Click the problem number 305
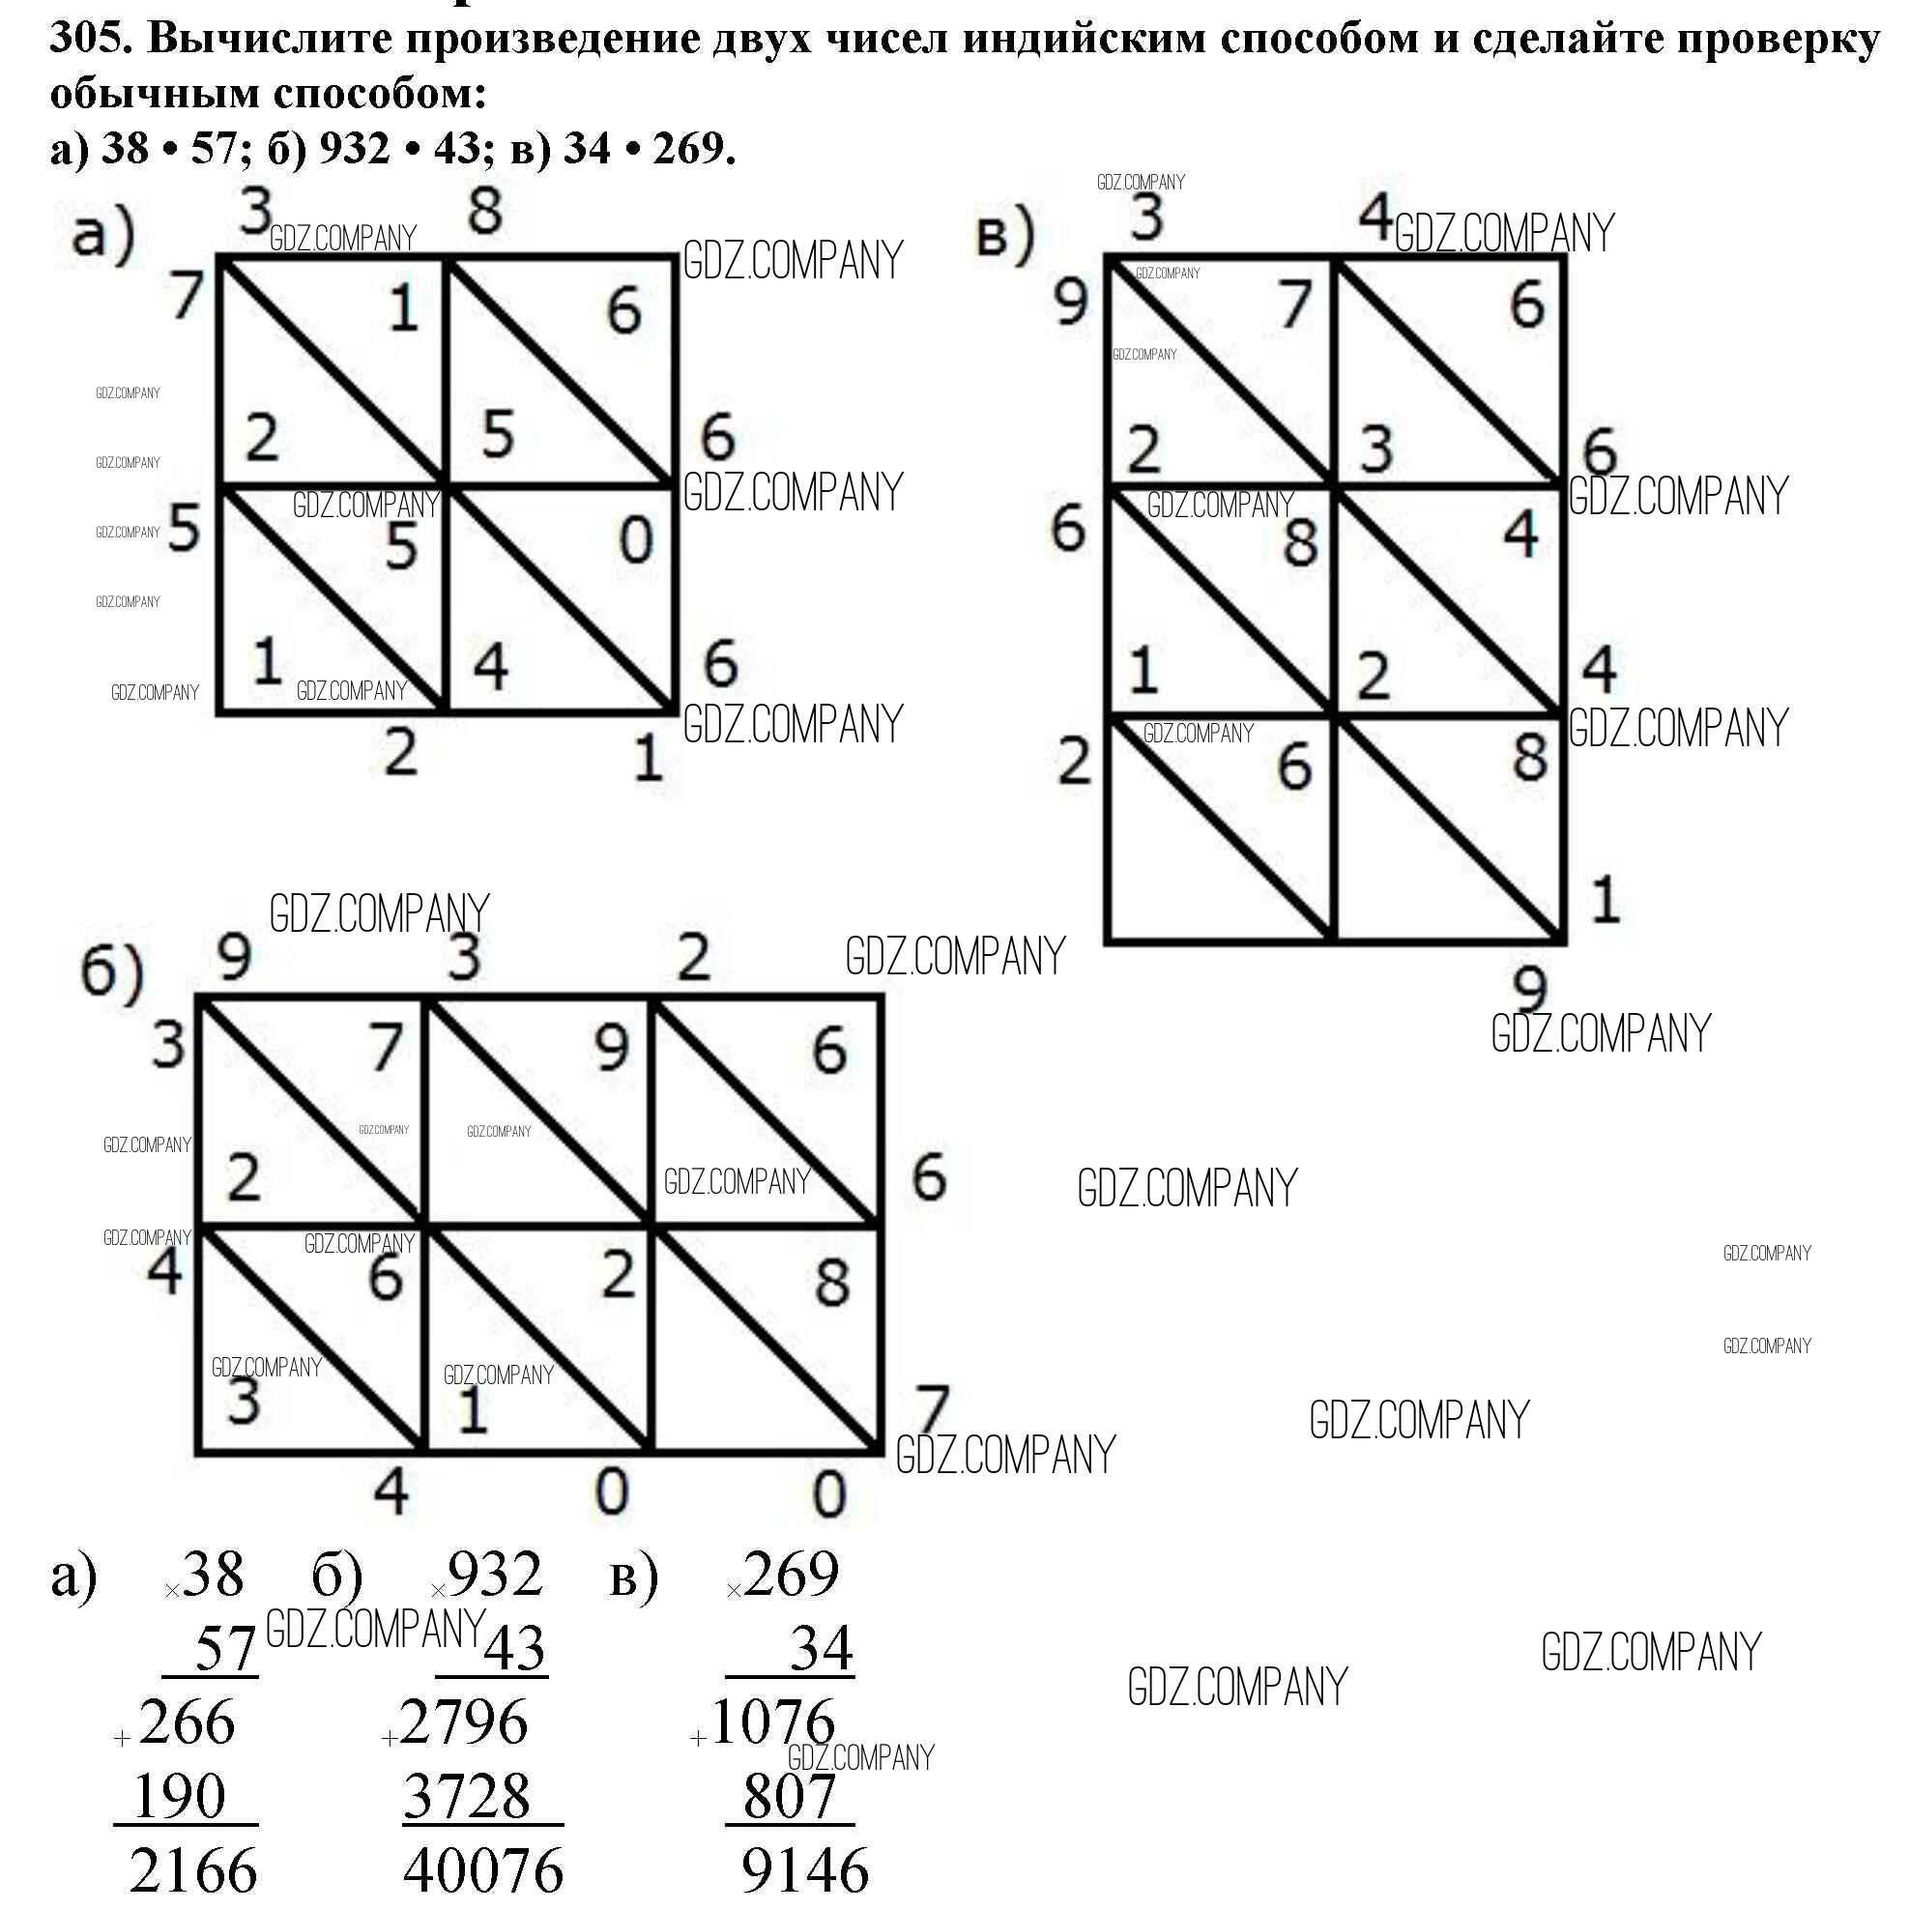(x=88, y=39)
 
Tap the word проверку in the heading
(x=1778, y=41)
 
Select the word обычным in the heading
(x=154, y=93)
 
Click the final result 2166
(x=193, y=1869)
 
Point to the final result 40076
(x=483, y=1869)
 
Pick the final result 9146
(x=805, y=1869)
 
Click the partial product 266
(x=187, y=1722)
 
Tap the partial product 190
(x=180, y=1795)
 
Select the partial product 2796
(x=464, y=1722)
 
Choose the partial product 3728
(x=468, y=1795)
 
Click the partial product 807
(x=789, y=1795)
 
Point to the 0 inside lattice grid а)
(x=636, y=540)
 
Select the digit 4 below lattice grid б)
(x=391, y=1490)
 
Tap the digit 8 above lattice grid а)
(x=484, y=211)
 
